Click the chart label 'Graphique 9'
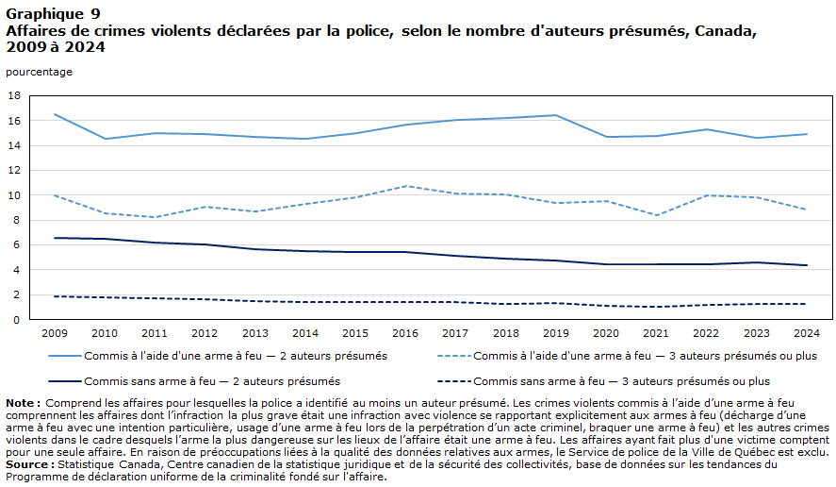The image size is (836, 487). (x=53, y=14)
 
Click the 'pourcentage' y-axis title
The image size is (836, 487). (x=39, y=72)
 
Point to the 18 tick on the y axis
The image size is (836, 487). (x=14, y=96)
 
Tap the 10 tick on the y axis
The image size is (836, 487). (x=14, y=195)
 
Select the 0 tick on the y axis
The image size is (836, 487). (x=17, y=320)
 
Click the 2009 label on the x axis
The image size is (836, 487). (x=55, y=334)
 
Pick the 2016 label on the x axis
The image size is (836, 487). (x=405, y=334)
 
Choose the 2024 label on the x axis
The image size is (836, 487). (x=807, y=334)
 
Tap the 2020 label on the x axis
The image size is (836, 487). (x=606, y=334)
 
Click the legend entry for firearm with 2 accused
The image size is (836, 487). (x=218, y=356)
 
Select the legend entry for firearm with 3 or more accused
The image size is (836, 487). (x=627, y=356)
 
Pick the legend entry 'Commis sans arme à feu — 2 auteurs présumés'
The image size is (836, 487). (x=194, y=382)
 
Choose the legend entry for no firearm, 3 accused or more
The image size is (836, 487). (x=603, y=382)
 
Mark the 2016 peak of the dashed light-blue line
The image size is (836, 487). (x=406, y=186)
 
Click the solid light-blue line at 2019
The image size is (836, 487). (x=556, y=115)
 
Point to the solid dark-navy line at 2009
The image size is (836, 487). (x=55, y=238)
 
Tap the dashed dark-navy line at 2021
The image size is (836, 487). (x=656, y=307)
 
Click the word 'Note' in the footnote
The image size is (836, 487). (x=20, y=403)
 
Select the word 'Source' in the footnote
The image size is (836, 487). (x=26, y=464)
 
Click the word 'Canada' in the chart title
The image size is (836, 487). (x=726, y=31)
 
